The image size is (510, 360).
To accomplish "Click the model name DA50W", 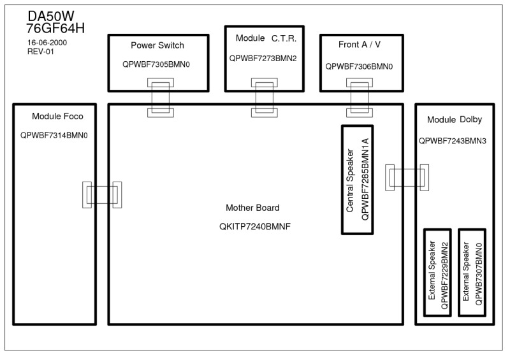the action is [x=51, y=16].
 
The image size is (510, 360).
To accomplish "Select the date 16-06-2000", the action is [x=47, y=43].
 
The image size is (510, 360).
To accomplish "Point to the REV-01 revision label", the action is [x=41, y=52].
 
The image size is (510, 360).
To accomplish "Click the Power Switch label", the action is [x=157, y=45].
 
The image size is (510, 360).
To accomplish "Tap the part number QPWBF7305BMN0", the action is [x=156, y=64].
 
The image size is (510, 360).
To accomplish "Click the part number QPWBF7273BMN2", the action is [x=263, y=59].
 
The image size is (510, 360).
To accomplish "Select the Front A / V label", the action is [x=360, y=45].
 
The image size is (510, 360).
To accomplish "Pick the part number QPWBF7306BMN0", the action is [x=359, y=67].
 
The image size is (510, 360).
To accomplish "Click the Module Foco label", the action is [x=57, y=117].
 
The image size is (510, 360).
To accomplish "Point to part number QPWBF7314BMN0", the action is [x=54, y=136].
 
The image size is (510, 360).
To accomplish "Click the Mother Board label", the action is [x=252, y=208].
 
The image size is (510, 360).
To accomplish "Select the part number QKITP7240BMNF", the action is [x=255, y=227].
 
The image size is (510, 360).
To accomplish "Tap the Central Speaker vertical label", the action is [x=350, y=180].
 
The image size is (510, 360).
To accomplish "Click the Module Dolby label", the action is [x=455, y=120].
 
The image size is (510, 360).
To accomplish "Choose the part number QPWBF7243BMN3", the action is [x=453, y=141].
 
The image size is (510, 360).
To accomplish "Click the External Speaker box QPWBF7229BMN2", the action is [x=437, y=273].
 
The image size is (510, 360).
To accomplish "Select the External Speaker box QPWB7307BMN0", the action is [x=472, y=273].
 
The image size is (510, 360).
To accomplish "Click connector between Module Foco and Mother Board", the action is [x=102, y=195].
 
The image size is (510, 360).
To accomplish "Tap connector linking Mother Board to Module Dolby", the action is [x=407, y=178].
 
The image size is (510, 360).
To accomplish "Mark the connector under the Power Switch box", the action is [x=161, y=97].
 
